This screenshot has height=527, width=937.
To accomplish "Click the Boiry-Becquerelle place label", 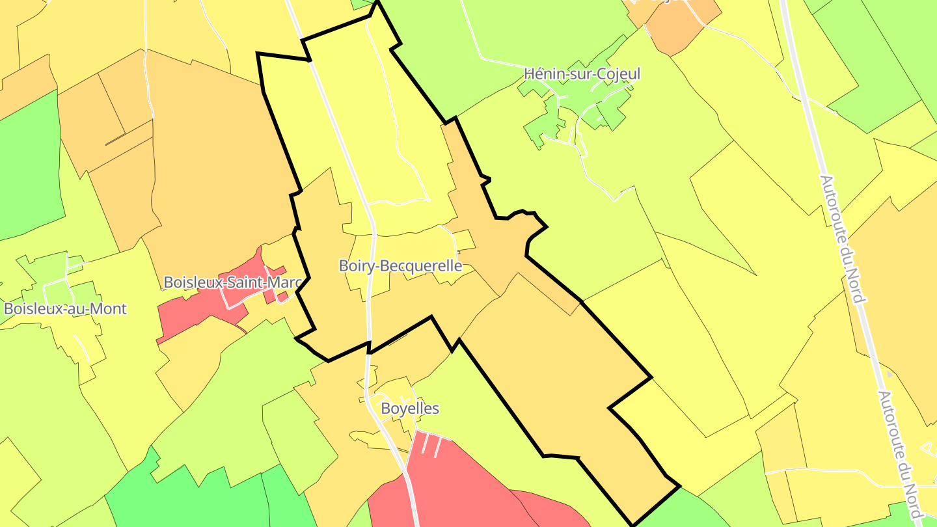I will pos(400,266).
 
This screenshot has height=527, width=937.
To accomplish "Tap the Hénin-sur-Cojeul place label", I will pos(582,74).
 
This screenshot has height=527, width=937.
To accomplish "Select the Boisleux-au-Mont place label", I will pos(65,308).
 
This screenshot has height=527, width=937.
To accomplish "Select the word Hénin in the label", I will pos(543,74).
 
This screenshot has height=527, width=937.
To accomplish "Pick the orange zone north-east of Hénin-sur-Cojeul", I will pos(677,26).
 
